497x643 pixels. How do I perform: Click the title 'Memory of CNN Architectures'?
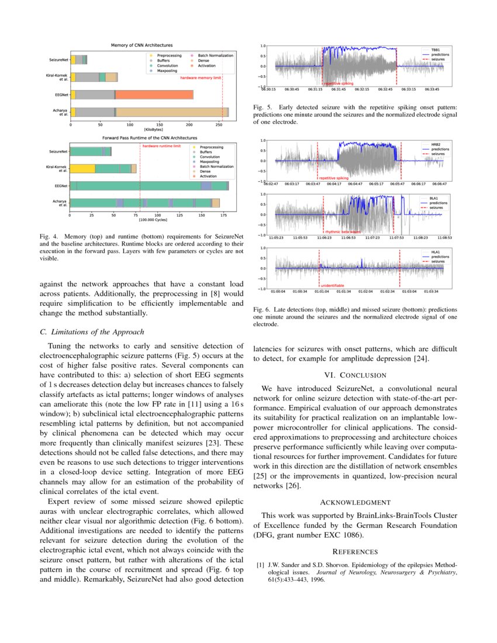point(142,45)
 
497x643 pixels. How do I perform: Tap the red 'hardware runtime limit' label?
point(161,146)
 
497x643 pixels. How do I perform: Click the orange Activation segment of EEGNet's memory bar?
point(154,94)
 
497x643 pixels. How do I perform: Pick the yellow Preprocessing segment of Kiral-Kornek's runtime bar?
point(82,168)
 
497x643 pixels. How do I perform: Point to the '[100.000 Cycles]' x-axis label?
point(150,220)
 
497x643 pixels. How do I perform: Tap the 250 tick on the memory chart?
point(219,125)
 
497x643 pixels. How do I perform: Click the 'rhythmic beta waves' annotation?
point(343,231)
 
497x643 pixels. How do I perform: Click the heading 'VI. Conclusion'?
point(355,375)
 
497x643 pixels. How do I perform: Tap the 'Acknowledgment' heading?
point(355,502)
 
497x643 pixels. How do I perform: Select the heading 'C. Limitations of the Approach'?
point(92,332)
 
